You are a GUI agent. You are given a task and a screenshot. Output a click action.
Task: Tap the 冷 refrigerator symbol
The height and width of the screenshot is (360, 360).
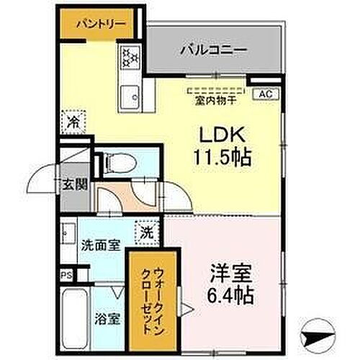pos(72,122)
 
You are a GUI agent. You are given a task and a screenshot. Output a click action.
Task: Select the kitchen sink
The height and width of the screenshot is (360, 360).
pos(130,93)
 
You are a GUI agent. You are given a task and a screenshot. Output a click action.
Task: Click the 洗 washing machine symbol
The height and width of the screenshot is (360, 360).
pos(146,233)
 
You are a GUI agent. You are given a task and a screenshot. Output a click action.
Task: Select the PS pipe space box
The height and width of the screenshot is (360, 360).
pos(66,274)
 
